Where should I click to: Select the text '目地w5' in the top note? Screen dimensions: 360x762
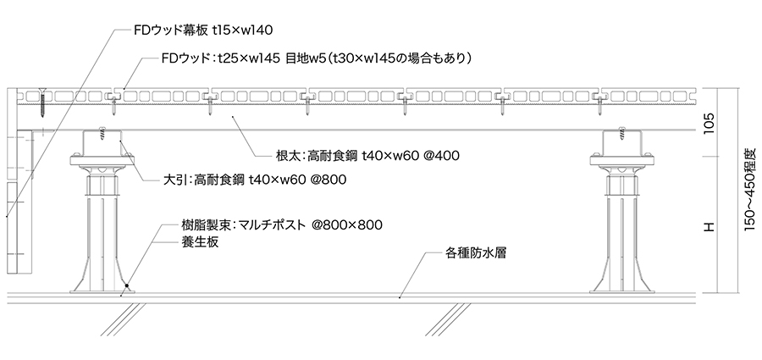click(322, 59)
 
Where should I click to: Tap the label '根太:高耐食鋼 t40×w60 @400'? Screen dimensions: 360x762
click(362, 157)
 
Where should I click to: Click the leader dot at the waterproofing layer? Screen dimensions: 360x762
click(399, 297)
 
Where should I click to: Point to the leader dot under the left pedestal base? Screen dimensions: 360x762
click(124, 288)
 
